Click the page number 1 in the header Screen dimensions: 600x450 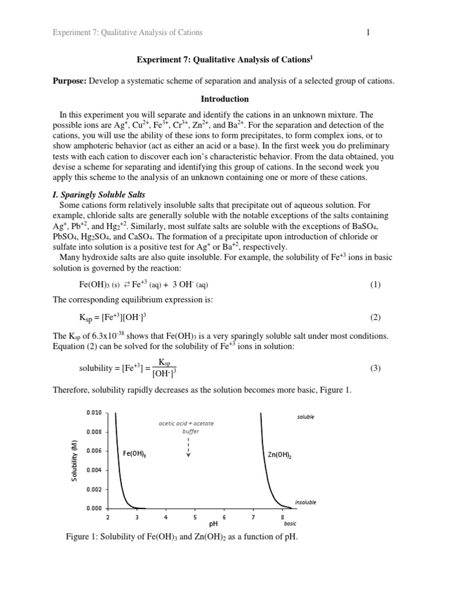click(368, 32)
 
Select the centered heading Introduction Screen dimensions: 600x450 click(224, 99)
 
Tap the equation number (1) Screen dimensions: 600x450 click(375, 285)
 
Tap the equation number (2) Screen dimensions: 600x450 click(375, 318)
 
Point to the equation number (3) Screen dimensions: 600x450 click(375, 369)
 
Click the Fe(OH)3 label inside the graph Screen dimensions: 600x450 click(135, 453)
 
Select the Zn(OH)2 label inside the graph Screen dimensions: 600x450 click(279, 454)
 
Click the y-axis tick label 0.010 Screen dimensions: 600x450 click(94, 413)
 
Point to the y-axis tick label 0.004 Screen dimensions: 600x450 click(94, 470)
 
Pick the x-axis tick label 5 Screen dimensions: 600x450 click(195, 517)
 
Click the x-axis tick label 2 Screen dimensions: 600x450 click(107, 517)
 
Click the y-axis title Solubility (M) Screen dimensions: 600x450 click(74, 461)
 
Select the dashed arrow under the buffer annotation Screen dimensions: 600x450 click(187, 448)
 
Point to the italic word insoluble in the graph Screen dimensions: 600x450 click(305, 502)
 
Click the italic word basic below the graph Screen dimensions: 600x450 click(290, 524)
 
